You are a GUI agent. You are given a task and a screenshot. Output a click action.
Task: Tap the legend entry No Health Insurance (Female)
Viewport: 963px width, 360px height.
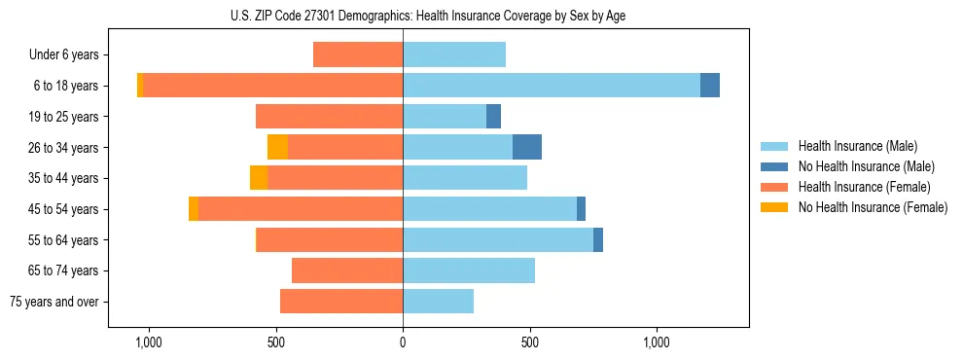pyautogui.click(x=873, y=207)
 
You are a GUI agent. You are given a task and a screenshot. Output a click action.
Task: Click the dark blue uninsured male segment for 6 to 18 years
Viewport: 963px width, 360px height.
pyautogui.click(x=710, y=86)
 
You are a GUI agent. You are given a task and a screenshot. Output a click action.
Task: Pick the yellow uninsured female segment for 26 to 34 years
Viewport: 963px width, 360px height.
pyautogui.click(x=277, y=147)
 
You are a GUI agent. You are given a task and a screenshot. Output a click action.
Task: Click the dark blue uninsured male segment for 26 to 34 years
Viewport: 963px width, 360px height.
pyautogui.click(x=527, y=147)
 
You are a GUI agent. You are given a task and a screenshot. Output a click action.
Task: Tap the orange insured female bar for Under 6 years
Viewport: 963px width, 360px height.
pyautogui.click(x=358, y=55)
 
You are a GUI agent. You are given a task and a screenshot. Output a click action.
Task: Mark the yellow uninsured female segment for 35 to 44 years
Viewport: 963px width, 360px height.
pyautogui.click(x=259, y=178)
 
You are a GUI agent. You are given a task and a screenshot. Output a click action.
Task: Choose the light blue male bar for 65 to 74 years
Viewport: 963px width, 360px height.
pyautogui.click(x=469, y=270)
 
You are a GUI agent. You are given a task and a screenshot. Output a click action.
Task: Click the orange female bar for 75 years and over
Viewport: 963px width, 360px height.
pyautogui.click(x=341, y=302)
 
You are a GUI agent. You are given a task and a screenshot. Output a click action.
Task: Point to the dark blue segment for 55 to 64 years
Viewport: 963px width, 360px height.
pyautogui.click(x=598, y=239)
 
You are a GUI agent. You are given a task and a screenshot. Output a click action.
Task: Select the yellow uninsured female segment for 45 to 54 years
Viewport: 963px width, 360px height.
pyautogui.click(x=194, y=209)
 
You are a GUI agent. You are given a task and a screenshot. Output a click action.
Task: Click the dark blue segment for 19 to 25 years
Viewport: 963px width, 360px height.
pyautogui.click(x=493, y=117)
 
